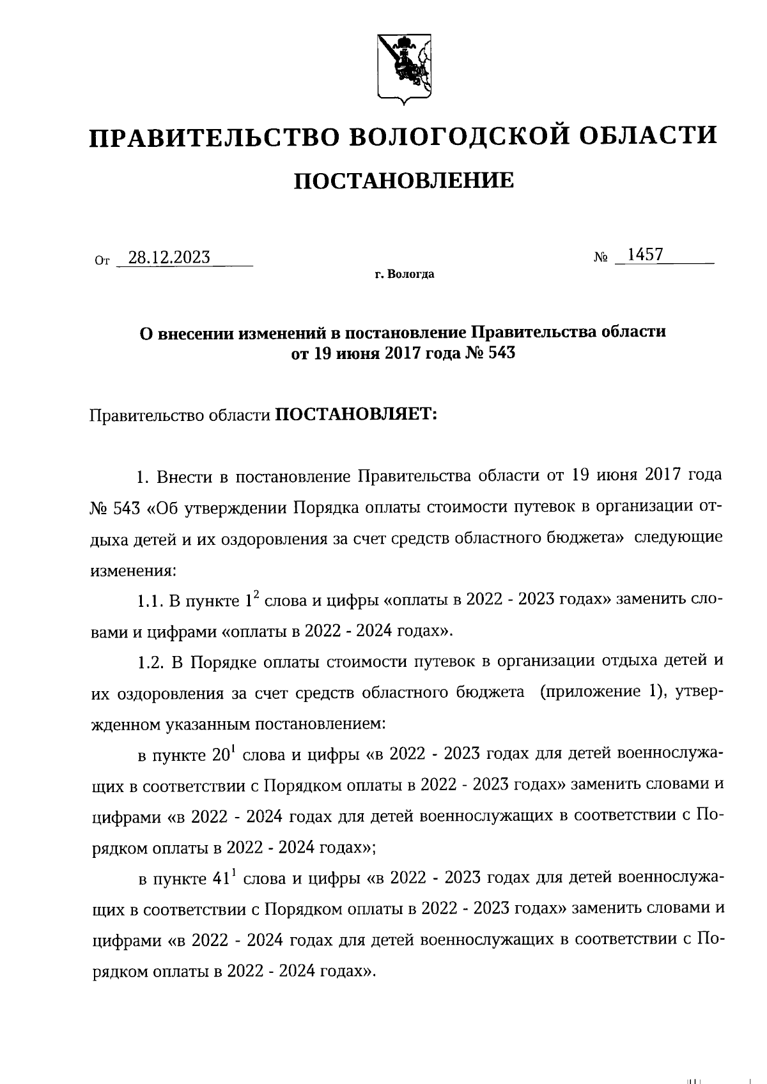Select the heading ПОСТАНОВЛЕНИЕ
coord(403,181)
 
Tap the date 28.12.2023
coord(169,257)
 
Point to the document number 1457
coord(645,255)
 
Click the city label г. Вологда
coord(405,275)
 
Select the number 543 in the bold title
coord(501,353)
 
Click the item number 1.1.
coord(151,601)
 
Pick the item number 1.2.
coord(151,662)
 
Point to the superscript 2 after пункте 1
coord(256,595)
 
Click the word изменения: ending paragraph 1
coord(132,570)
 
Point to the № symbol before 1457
coord(600,258)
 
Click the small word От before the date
coord(102,261)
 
